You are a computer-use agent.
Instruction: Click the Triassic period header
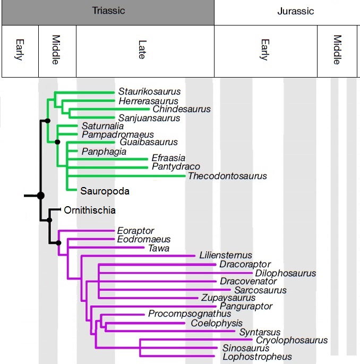[x=108, y=12]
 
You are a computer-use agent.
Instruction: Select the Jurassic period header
[x=287, y=12]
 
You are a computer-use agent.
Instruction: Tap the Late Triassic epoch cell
[x=145, y=52]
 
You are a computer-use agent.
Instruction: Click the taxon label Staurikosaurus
[x=149, y=91]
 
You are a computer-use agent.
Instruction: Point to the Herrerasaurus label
[x=148, y=101]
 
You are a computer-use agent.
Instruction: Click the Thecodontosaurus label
[x=227, y=176]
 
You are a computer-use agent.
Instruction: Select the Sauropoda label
[x=105, y=190]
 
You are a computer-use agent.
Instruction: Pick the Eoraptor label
[x=135, y=231]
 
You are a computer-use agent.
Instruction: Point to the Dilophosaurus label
[x=285, y=273]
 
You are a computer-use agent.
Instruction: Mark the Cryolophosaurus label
[x=292, y=340]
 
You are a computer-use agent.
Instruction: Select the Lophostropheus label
[x=257, y=357]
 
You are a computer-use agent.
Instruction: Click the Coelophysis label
[x=217, y=323]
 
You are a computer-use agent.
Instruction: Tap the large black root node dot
[x=40, y=196]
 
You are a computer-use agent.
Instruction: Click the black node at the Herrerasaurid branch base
[x=47, y=121]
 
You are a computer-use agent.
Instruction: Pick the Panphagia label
[x=104, y=151]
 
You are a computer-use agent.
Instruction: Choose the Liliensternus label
[x=226, y=256]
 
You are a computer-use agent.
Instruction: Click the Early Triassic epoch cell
[x=20, y=52]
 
